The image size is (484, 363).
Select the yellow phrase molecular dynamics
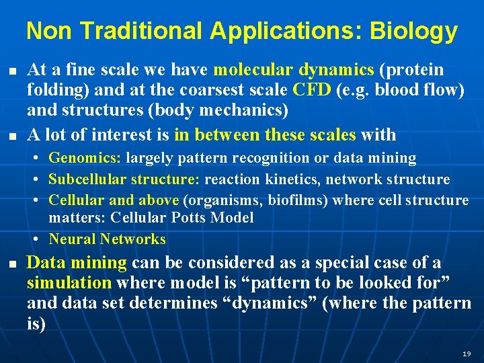tap(294, 70)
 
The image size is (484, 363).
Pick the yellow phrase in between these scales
tap(265, 134)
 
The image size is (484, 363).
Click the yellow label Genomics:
tap(85, 159)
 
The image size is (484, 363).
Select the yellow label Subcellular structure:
tap(124, 179)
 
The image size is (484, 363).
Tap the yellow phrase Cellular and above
tap(114, 200)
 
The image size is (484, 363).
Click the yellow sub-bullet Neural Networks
tap(108, 239)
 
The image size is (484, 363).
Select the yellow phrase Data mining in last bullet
tap(77, 263)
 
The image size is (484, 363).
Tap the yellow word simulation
tap(69, 283)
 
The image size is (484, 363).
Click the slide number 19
tap(467, 354)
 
